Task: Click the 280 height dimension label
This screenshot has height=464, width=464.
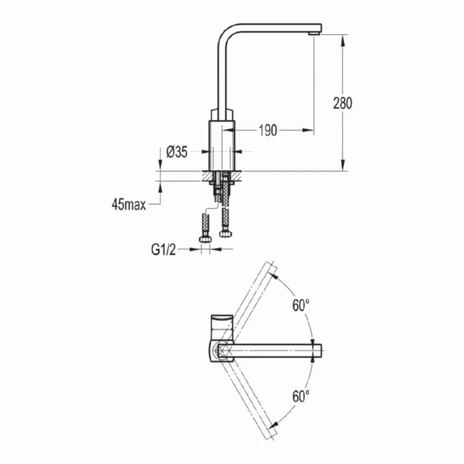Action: tap(343, 103)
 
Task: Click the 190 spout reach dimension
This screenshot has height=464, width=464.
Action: tap(268, 130)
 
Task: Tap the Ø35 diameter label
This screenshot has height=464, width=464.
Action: tap(177, 152)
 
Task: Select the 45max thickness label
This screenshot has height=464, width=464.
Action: tap(129, 205)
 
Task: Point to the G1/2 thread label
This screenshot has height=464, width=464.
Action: tap(163, 250)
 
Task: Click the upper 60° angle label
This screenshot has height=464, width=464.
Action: tap(301, 305)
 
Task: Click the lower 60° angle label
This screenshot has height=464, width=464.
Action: tap(301, 396)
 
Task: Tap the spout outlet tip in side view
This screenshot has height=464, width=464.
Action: tap(315, 34)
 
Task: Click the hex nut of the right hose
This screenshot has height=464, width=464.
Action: tap(226, 234)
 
